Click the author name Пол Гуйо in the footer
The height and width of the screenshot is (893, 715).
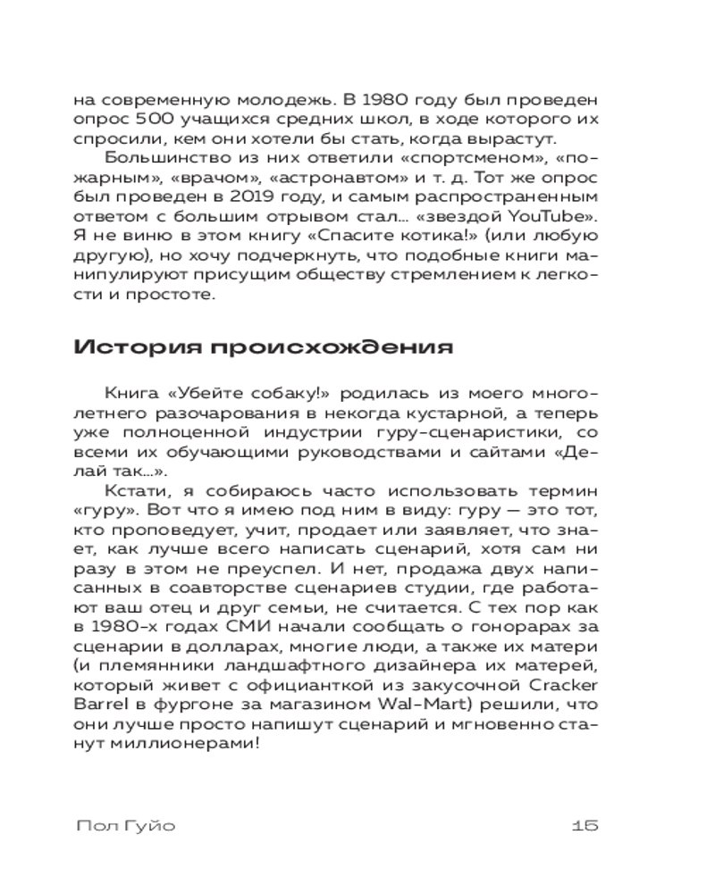(x=126, y=826)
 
